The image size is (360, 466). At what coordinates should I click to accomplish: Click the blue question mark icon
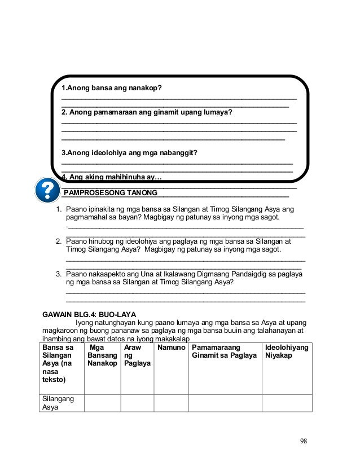[x=47, y=190]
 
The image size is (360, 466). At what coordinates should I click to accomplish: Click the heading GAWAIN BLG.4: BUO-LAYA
[x=90, y=314]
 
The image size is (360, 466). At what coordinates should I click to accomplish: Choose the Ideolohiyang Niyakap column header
[x=287, y=352]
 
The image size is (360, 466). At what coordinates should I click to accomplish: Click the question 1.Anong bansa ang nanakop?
[x=111, y=89]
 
